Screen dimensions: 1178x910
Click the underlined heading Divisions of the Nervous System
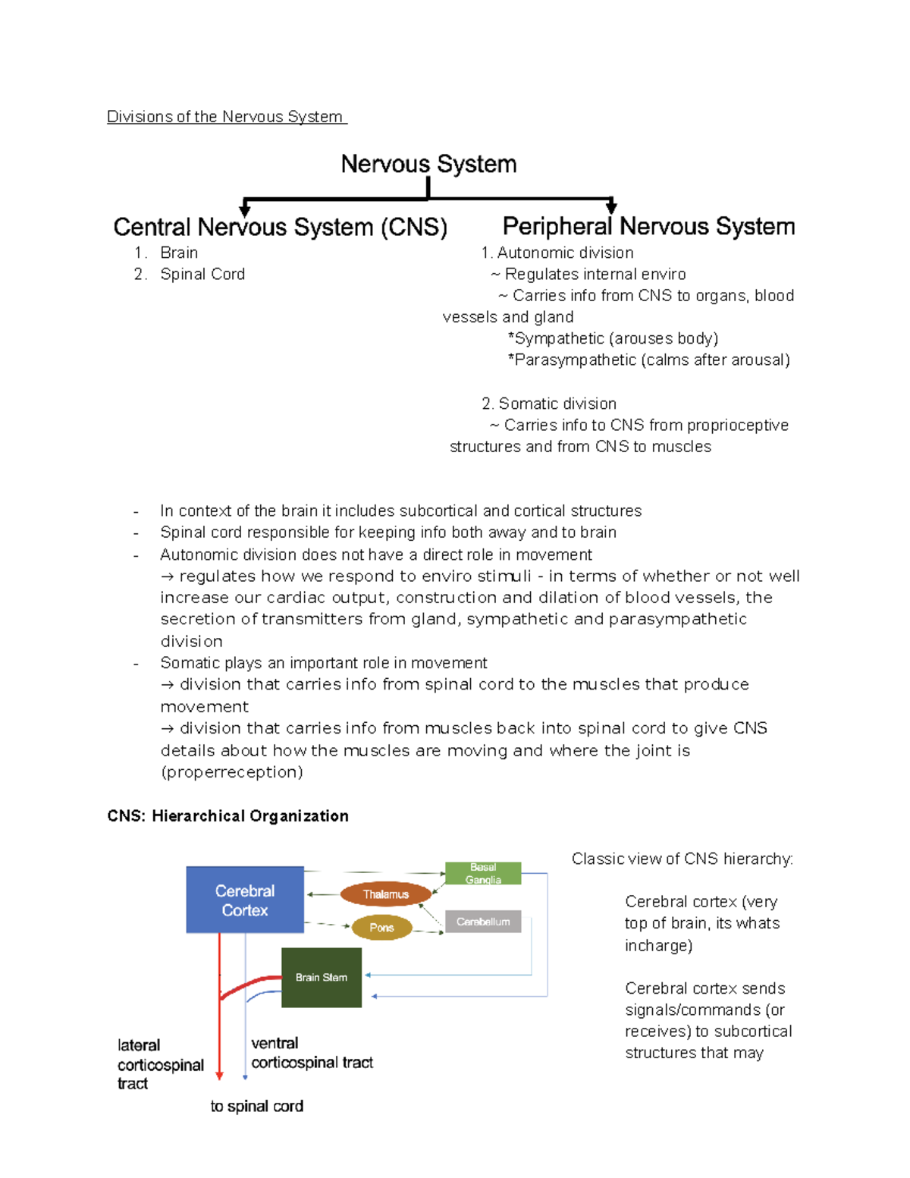[226, 117]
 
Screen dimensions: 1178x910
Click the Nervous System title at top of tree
[428, 164]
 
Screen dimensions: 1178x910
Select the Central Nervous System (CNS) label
[280, 227]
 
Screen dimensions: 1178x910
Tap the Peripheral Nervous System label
[648, 226]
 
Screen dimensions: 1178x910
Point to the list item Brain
[179, 253]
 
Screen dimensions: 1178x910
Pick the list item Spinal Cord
[202, 274]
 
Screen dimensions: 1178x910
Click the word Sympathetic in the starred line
[559, 338]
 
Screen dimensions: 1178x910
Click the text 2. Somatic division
[549, 404]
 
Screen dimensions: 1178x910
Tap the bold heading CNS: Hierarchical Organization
[228, 816]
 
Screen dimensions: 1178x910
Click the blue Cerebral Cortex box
[245, 900]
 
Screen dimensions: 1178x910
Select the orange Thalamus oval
[385, 894]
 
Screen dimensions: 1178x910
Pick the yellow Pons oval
[381, 927]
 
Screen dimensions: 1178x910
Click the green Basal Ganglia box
[483, 873]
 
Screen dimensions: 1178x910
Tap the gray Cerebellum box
[483, 922]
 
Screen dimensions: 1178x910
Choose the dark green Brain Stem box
[322, 977]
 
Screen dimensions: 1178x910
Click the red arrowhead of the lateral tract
[219, 1075]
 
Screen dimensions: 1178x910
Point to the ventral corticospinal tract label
[312, 1053]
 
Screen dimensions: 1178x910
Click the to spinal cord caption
[257, 1106]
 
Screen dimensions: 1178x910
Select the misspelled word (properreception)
[232, 772]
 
